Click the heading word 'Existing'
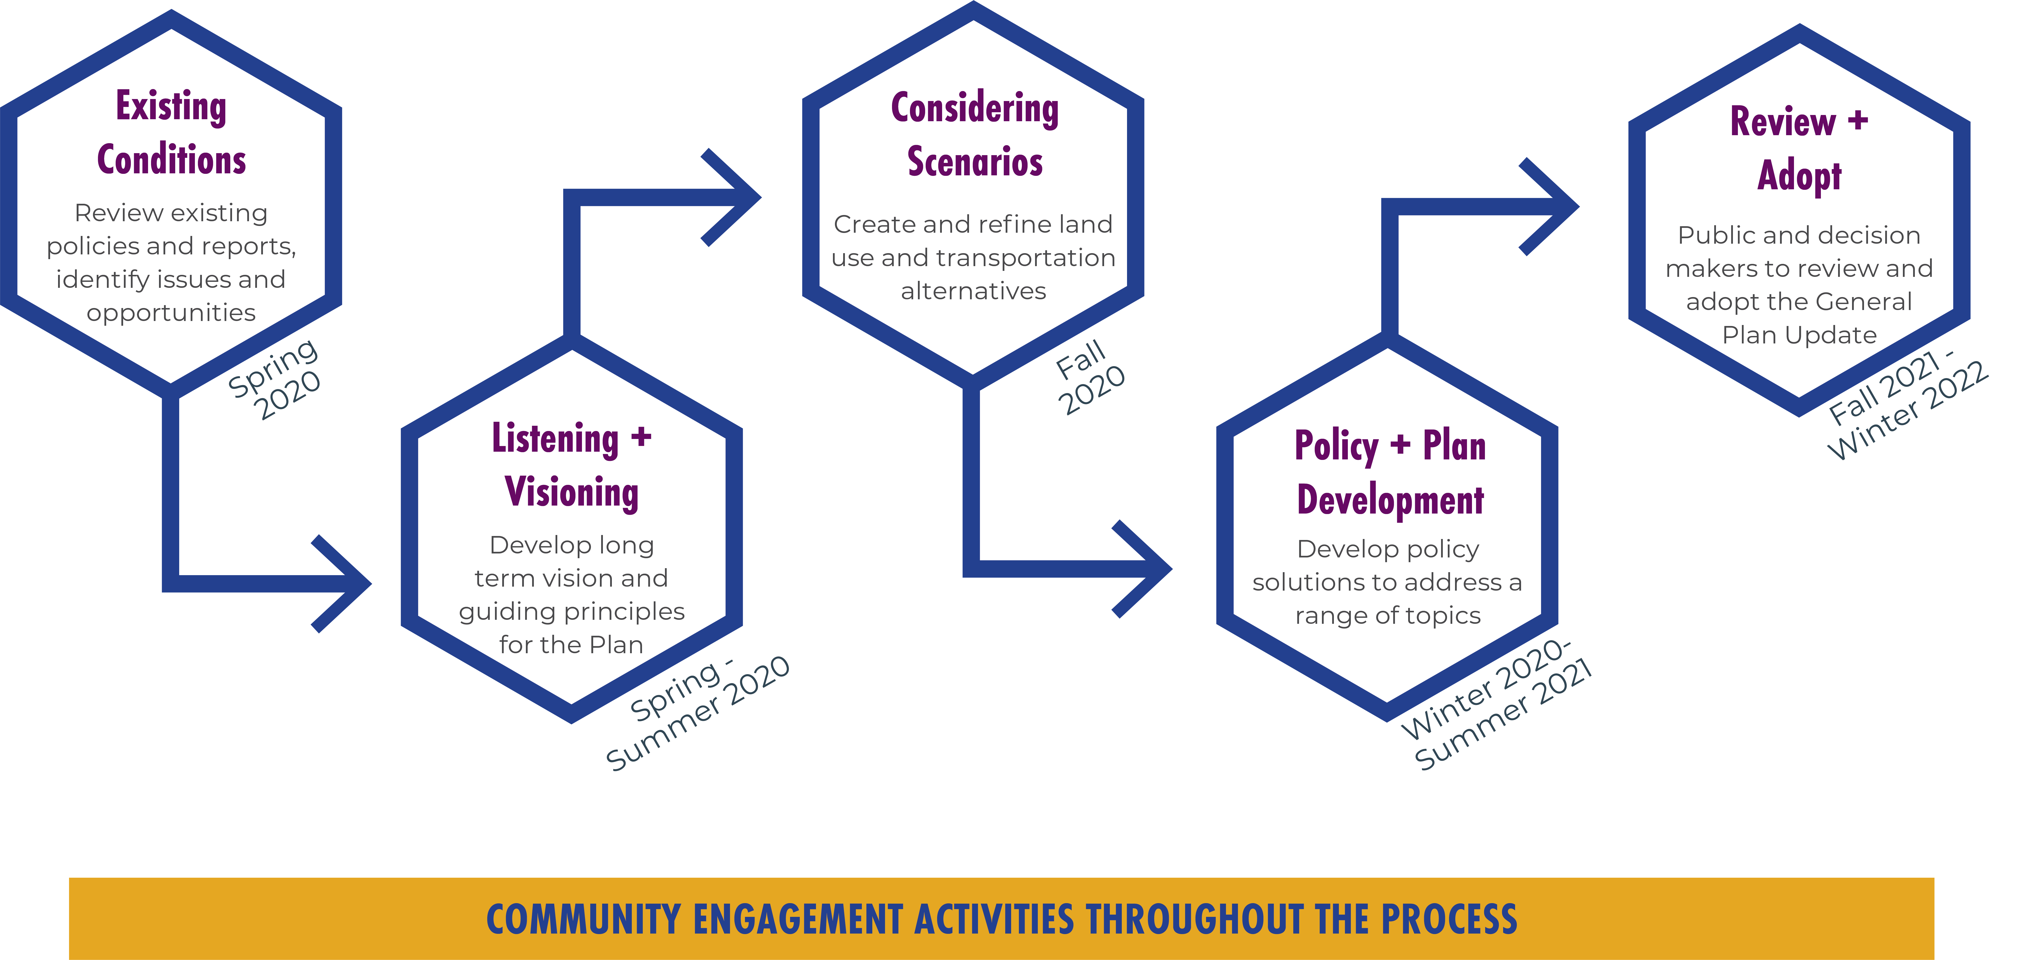coord(171,106)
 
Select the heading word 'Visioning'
coord(571,492)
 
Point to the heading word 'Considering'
coord(975,109)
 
